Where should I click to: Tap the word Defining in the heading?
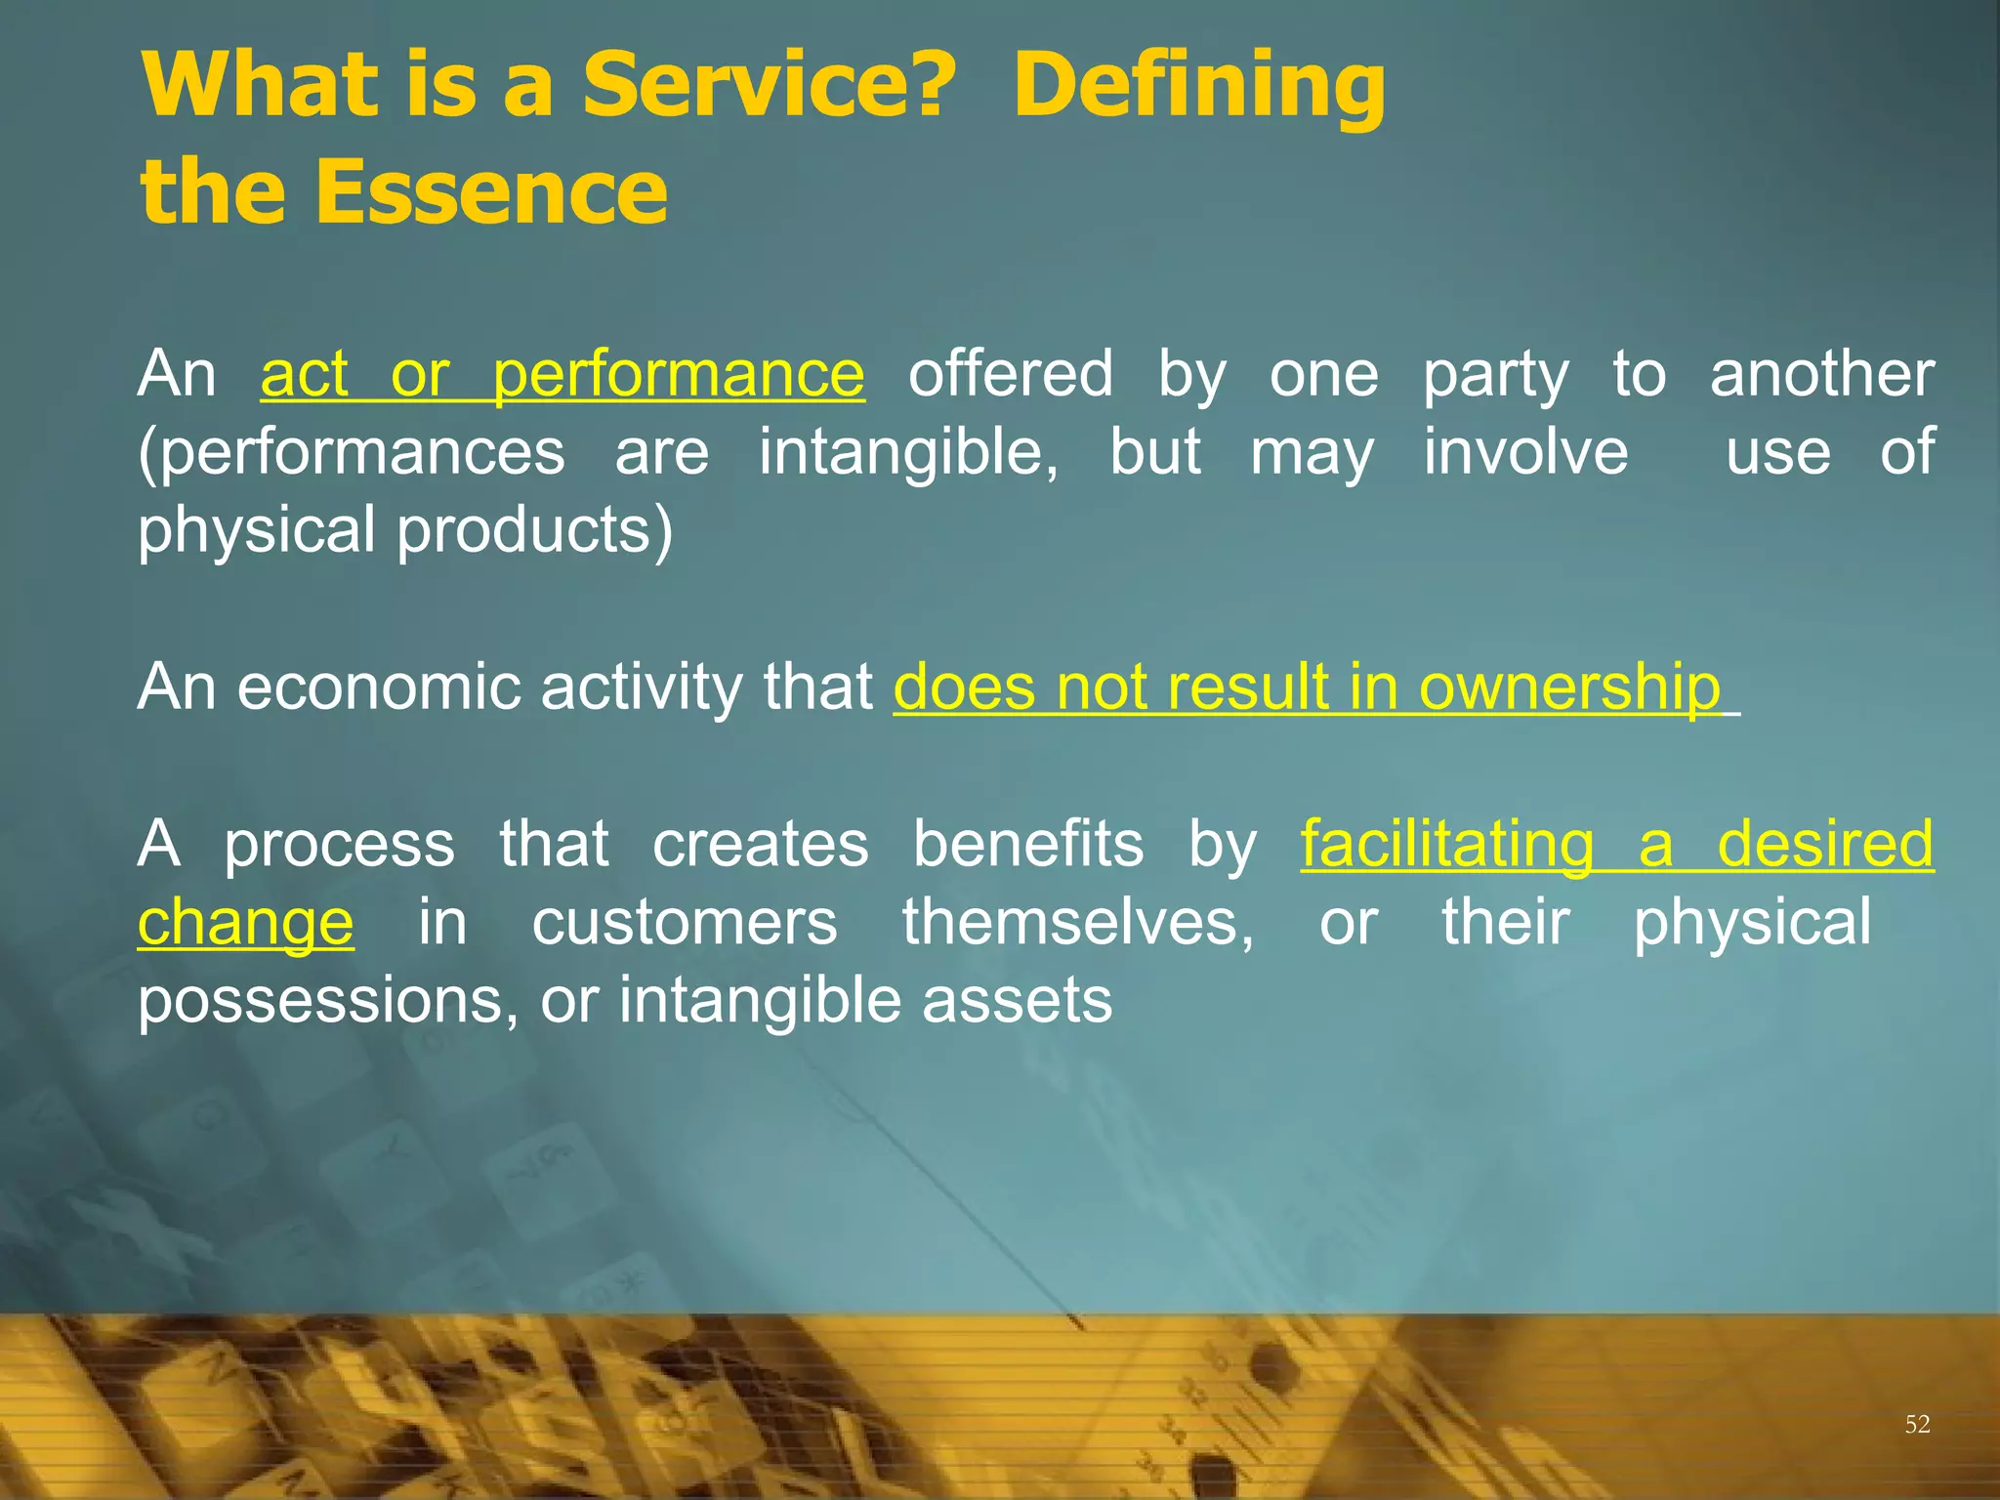pyautogui.click(x=1198, y=86)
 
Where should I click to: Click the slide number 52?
pyautogui.click(x=1917, y=1424)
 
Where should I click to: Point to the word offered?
pyautogui.click(x=1010, y=374)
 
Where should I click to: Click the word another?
pyautogui.click(x=1821, y=374)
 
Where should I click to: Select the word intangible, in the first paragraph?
pyautogui.click(x=908, y=452)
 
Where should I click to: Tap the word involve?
pyautogui.click(x=1525, y=452)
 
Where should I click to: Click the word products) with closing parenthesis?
pyautogui.click(x=534, y=531)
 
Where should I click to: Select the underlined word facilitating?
pyautogui.click(x=1446, y=845)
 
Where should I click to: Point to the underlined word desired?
pyautogui.click(x=1824, y=845)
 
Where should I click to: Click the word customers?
pyautogui.click(x=684, y=923)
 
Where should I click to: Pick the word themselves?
pyautogui.click(x=1077, y=923)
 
